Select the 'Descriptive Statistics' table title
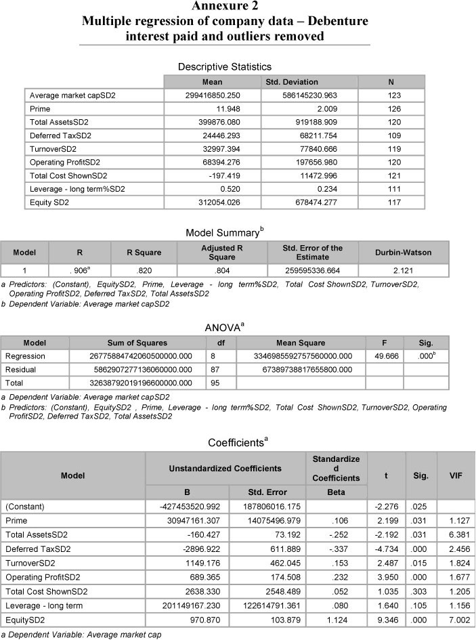224,66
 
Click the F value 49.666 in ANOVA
385,356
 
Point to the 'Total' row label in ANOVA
15,383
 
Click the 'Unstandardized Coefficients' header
225,467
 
